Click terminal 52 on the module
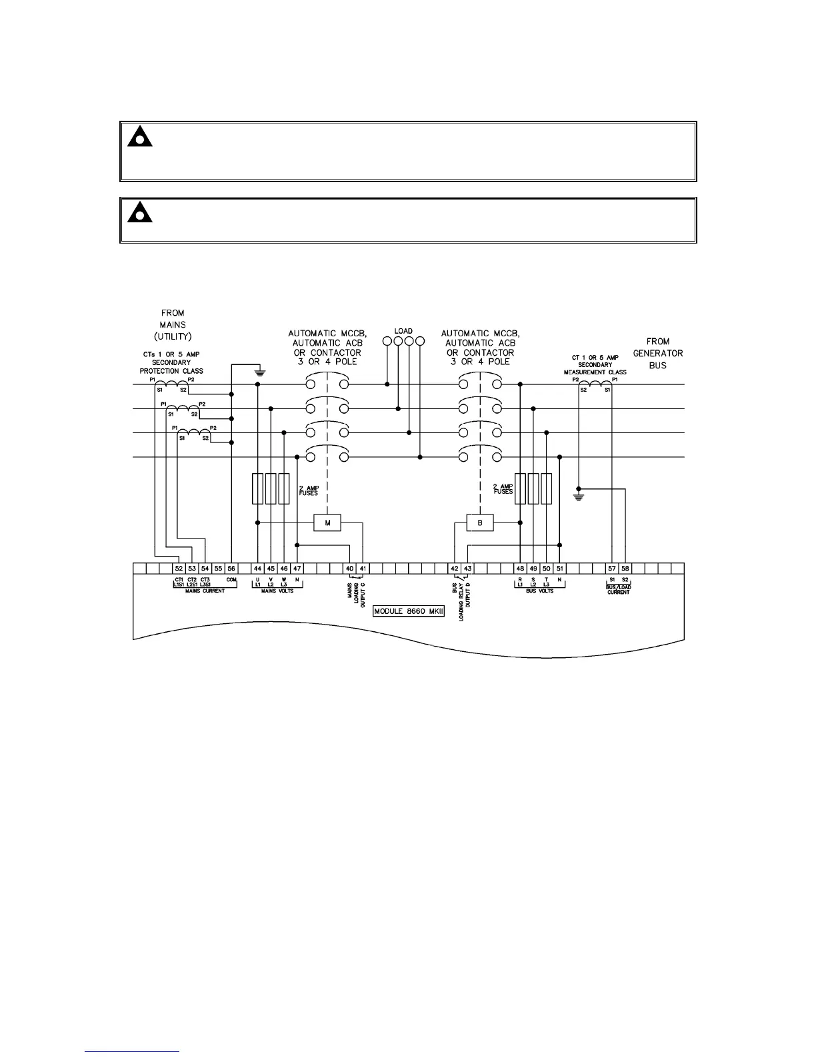(179, 569)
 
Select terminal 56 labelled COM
(231, 569)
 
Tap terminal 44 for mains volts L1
(257, 569)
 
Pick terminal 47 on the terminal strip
(297, 569)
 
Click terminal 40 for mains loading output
(349, 569)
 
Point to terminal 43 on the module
(468, 569)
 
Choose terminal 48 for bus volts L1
(520, 569)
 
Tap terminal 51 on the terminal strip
(559, 569)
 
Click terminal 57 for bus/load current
(612, 569)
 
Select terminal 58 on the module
(625, 569)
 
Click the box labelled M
(327, 522)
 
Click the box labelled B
(480, 522)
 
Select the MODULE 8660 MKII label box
(409, 611)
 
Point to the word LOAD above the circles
(403, 331)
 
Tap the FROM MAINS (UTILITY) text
(173, 324)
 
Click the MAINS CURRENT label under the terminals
(205, 591)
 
